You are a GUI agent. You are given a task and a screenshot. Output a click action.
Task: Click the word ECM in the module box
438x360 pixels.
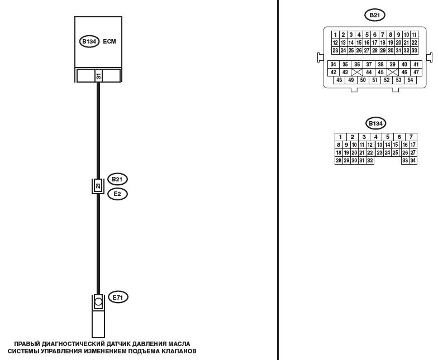point(109,41)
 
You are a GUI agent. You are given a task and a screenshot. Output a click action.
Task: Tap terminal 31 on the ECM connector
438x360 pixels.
point(98,75)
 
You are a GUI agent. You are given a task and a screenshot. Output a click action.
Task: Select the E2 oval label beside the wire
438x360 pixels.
point(117,194)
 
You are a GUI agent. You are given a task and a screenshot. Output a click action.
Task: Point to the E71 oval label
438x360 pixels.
point(117,297)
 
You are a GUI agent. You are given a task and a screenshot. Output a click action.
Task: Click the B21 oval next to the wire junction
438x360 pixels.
point(117,179)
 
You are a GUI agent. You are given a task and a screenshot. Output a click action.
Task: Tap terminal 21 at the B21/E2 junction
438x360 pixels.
point(98,186)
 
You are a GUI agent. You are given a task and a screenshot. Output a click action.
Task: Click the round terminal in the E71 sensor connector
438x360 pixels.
point(98,302)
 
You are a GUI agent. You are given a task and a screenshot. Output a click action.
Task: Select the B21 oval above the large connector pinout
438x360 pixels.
point(374,15)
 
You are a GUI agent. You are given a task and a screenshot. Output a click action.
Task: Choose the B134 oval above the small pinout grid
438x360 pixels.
point(375,123)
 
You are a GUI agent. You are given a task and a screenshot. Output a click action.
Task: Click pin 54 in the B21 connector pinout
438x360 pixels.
point(411,80)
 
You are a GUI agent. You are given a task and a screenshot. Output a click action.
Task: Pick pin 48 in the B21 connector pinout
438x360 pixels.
point(339,80)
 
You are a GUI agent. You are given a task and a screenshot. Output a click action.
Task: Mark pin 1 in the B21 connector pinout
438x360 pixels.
point(335,35)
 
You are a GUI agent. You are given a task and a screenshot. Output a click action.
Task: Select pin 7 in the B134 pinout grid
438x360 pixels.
point(411,137)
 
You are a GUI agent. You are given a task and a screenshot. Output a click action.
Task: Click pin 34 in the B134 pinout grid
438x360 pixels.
point(413,161)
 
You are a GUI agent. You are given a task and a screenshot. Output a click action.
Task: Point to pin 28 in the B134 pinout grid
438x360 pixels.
point(338,161)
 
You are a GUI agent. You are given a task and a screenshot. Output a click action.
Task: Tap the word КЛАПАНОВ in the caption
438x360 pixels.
point(175,352)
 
